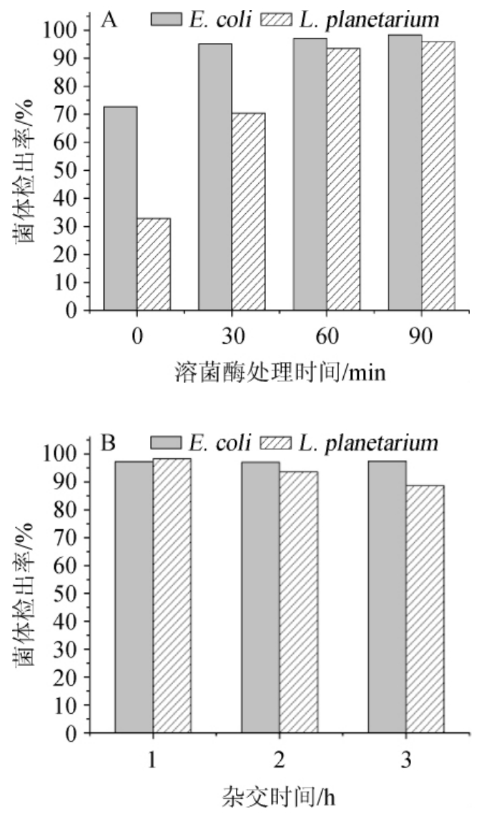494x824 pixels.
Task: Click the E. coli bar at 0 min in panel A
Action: [120, 208]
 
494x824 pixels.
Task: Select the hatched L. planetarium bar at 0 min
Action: [154, 265]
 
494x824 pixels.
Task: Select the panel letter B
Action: [109, 443]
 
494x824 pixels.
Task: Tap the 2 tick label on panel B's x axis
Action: [279, 760]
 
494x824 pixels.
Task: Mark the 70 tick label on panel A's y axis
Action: [69, 114]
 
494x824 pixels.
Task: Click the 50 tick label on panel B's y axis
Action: [69, 594]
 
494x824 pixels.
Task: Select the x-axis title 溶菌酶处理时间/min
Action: [280, 373]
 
